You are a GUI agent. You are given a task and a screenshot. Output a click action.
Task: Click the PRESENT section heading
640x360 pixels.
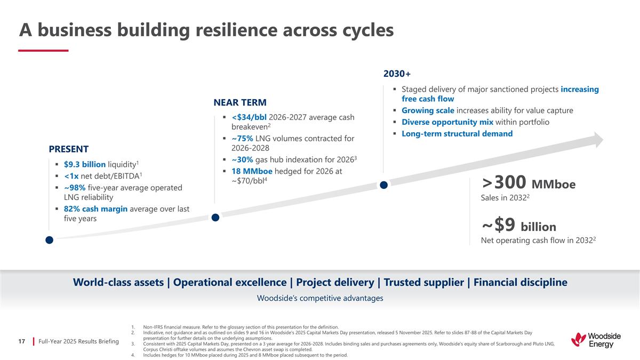[x=69, y=149]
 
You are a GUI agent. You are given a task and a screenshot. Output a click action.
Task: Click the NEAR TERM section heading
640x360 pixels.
[x=239, y=102]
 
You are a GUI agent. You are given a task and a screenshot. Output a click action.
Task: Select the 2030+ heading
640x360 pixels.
[x=397, y=73]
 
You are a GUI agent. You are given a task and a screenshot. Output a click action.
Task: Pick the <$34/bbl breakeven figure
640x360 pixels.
[x=249, y=117]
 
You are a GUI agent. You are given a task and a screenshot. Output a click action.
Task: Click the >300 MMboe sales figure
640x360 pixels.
[x=529, y=184]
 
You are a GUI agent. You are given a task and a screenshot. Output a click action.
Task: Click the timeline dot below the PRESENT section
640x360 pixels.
[x=49, y=241]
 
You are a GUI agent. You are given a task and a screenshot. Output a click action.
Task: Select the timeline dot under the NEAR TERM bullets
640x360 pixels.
[x=215, y=218]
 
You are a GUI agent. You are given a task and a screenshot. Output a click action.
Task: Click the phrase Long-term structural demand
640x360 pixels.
[x=457, y=134]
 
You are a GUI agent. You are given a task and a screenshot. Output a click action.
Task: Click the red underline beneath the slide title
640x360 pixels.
[x=43, y=51]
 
